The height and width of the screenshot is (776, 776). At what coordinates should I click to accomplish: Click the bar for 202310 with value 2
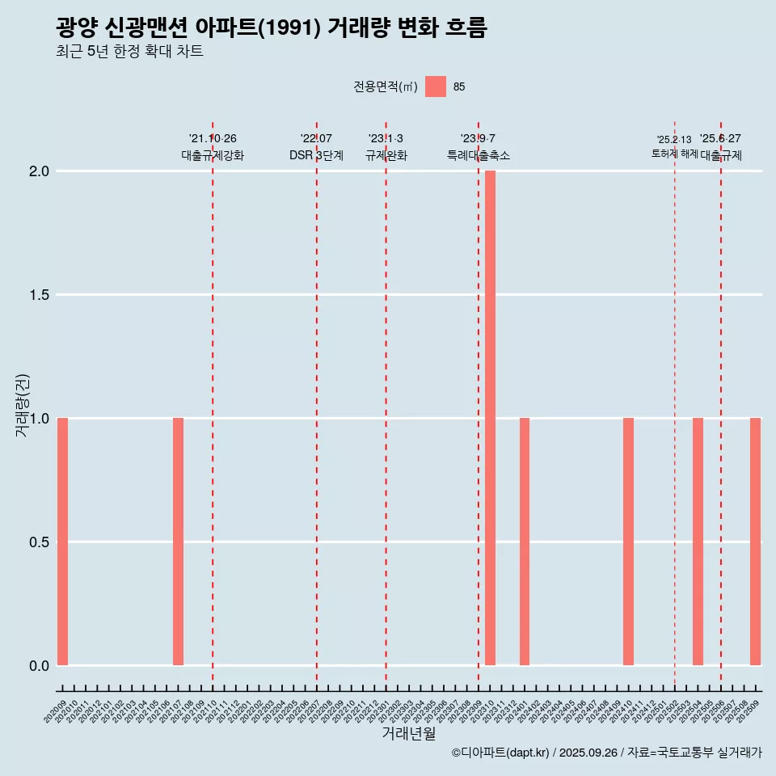490,418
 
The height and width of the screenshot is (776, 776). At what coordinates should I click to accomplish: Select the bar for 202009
62,542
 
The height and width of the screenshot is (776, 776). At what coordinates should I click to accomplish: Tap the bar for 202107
178,542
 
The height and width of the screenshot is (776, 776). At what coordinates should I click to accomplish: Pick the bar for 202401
525,542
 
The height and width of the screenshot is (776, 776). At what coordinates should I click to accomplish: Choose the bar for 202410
628,542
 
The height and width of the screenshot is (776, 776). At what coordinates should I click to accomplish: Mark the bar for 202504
698,542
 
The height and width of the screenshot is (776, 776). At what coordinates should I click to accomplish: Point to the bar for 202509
755,542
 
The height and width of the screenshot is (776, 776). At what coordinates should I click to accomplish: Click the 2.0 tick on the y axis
40,171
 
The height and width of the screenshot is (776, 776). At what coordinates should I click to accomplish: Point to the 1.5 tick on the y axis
40,295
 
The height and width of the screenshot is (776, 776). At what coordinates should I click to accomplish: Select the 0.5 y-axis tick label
40,542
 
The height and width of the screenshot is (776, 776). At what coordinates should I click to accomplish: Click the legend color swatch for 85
436,86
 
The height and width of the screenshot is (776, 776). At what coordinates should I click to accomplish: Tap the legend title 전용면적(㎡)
386,86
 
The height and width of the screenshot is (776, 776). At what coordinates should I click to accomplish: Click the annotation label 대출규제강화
212,155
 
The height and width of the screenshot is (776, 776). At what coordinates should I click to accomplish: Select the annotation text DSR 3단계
316,155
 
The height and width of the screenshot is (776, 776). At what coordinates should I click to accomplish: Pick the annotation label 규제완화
386,155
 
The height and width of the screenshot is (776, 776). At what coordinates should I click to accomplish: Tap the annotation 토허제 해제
674,154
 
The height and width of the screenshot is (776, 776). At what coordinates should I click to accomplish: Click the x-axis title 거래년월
408,733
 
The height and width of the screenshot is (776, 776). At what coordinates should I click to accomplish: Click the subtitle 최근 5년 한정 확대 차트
129,52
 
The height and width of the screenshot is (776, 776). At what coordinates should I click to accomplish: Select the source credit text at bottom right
606,753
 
